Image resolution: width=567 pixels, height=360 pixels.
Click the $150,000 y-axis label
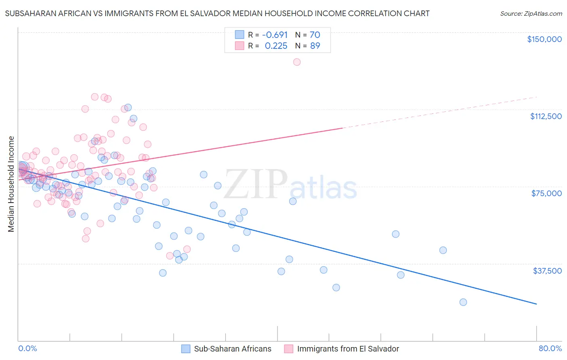tap(544, 39)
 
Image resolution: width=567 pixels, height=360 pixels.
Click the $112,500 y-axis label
tap(546, 116)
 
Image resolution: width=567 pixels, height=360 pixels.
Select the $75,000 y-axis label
tap(546, 193)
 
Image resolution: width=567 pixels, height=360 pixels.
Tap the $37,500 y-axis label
tap(547, 271)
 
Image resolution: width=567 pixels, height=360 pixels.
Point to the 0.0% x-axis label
tap(27, 349)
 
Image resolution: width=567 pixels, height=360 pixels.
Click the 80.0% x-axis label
tap(550, 349)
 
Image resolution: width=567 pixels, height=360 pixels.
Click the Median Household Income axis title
tap(11, 184)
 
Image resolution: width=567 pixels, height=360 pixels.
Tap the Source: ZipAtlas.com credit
tap(531, 14)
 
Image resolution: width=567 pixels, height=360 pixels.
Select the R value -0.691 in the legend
tap(275, 35)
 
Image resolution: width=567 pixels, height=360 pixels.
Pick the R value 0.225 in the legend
tap(276, 46)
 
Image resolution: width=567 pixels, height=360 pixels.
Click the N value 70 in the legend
tap(315, 35)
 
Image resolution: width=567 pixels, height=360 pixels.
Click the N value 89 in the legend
tap(315, 46)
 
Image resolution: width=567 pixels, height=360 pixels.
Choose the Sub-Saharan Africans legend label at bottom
tap(233, 349)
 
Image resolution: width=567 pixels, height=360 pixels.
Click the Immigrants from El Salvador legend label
tap(348, 349)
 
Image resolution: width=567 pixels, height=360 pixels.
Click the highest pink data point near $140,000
tap(297, 62)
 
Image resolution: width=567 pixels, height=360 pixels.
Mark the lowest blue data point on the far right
tap(463, 302)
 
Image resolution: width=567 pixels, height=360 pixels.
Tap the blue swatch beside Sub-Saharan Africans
tap(186, 349)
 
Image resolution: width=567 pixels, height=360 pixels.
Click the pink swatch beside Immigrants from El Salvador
tap(288, 349)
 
